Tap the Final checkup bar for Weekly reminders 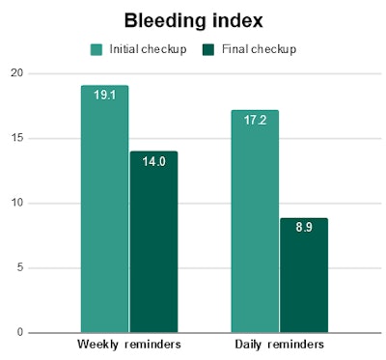point(153,241)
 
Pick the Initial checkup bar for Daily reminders point(255,221)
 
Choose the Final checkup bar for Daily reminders point(304,275)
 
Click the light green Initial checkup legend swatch point(97,48)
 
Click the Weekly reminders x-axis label point(128,345)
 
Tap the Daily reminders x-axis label point(280,345)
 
